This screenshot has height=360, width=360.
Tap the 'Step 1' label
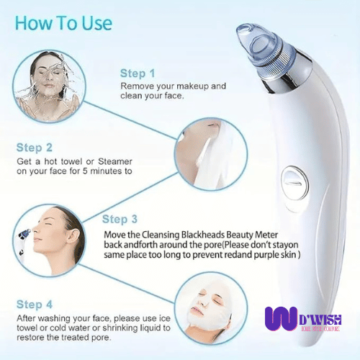coord(137,73)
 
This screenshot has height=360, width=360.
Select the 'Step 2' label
coord(34,147)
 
